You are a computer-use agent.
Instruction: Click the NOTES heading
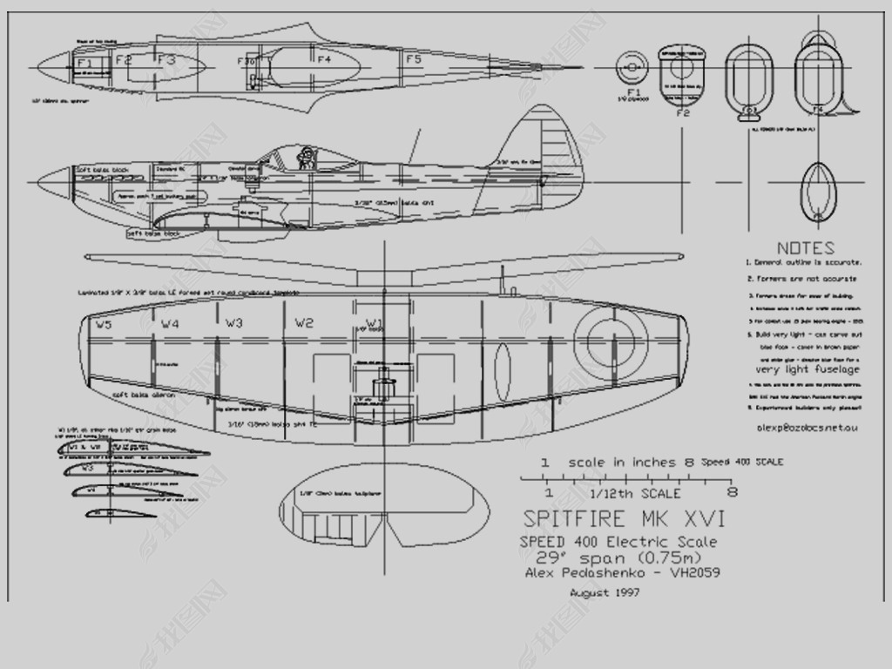pos(805,247)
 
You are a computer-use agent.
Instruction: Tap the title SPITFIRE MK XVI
pos(624,519)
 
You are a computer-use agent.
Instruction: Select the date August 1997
pos(605,593)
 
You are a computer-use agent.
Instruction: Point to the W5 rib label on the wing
pos(104,325)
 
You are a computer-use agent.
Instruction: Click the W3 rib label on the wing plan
pos(233,323)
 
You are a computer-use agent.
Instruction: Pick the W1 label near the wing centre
pos(374,322)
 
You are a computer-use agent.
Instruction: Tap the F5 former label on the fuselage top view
pos(413,59)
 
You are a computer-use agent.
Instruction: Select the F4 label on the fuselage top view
pos(324,59)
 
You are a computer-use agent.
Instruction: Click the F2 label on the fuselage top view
pos(123,60)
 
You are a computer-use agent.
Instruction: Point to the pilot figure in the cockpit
pos(306,158)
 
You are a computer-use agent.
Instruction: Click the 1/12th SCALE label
pos(637,493)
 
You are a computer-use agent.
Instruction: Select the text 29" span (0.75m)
pos(618,557)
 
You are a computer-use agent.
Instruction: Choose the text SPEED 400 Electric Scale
pos(618,542)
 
